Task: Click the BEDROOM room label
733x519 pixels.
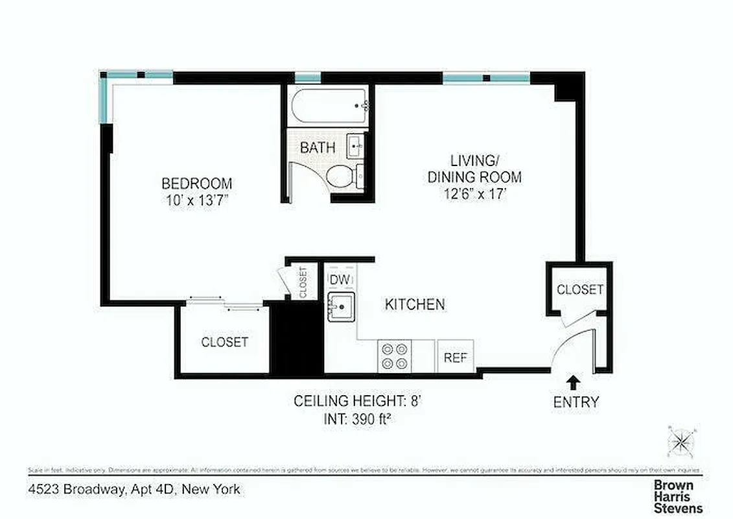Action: coord(196,184)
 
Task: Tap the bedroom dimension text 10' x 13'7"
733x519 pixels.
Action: coord(196,200)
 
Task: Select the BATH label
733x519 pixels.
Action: coord(318,147)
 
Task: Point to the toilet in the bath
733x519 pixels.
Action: coord(342,176)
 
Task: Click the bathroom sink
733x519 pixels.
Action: coord(356,146)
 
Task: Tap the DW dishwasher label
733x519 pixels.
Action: coord(340,279)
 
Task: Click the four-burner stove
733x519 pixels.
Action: coord(395,356)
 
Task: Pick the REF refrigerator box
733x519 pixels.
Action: coord(456,357)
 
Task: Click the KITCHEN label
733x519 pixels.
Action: coord(415,304)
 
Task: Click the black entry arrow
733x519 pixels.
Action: coord(574,381)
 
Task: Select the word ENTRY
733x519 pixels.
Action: coord(576,402)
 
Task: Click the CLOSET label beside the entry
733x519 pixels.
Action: coord(580,289)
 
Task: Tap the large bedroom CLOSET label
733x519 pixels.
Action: coord(224,342)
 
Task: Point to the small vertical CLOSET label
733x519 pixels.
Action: coord(303,283)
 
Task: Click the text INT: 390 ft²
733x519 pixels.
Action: coord(358,419)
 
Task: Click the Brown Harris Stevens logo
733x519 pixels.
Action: coord(678,496)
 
